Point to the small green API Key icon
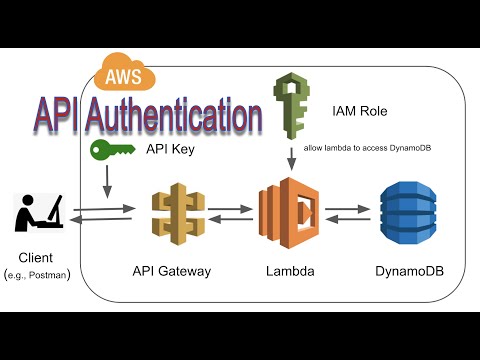[112, 151]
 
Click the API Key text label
[167, 151]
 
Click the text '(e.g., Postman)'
[38, 274]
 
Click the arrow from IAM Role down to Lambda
[291, 157]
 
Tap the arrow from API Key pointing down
[106, 183]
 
